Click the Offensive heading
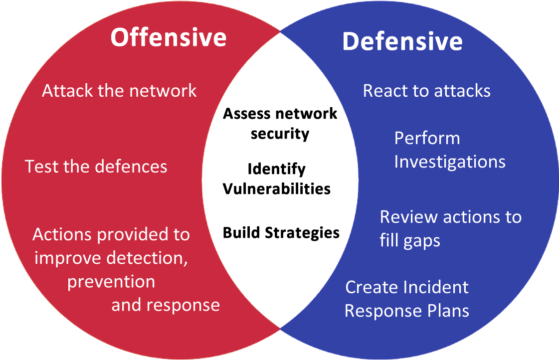click(x=168, y=37)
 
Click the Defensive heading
click(x=402, y=41)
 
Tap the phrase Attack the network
click(x=119, y=91)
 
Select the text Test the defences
click(x=96, y=167)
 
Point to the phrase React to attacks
click(x=427, y=91)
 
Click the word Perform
click(x=427, y=138)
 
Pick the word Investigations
click(x=450, y=162)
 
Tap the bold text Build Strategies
click(x=281, y=233)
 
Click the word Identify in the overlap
click(x=277, y=170)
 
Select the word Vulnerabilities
click(x=277, y=188)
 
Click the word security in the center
click(x=280, y=134)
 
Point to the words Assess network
click(x=280, y=114)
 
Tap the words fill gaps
click(x=410, y=241)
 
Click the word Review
click(x=409, y=217)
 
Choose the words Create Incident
click(x=407, y=287)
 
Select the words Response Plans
click(x=407, y=311)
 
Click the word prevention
click(x=111, y=282)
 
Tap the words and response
click(x=166, y=306)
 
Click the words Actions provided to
click(x=111, y=234)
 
